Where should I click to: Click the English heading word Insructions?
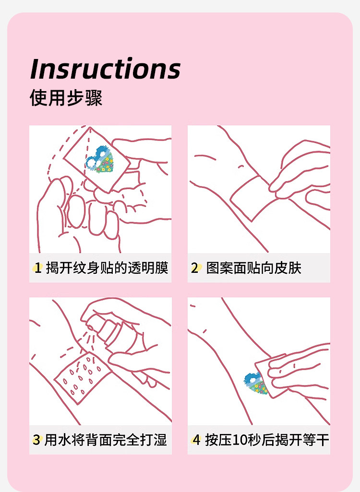pos(105,69)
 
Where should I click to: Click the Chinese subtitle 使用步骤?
pos(66,97)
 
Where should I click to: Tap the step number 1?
pos(38,268)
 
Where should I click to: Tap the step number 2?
pos(195,268)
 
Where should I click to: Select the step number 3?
pos(37,440)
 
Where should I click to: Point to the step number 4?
pos(196,440)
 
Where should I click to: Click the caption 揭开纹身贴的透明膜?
pos(107,268)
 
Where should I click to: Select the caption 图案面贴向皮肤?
pos(253,268)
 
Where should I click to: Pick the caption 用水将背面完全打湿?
pos(106,440)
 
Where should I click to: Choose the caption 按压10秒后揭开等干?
pos(267,440)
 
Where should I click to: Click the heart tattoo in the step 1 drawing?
pos(99,160)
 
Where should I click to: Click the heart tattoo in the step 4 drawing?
pos(256,384)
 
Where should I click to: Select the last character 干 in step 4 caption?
pos(322,440)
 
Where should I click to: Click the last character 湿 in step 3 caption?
pos(160,440)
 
